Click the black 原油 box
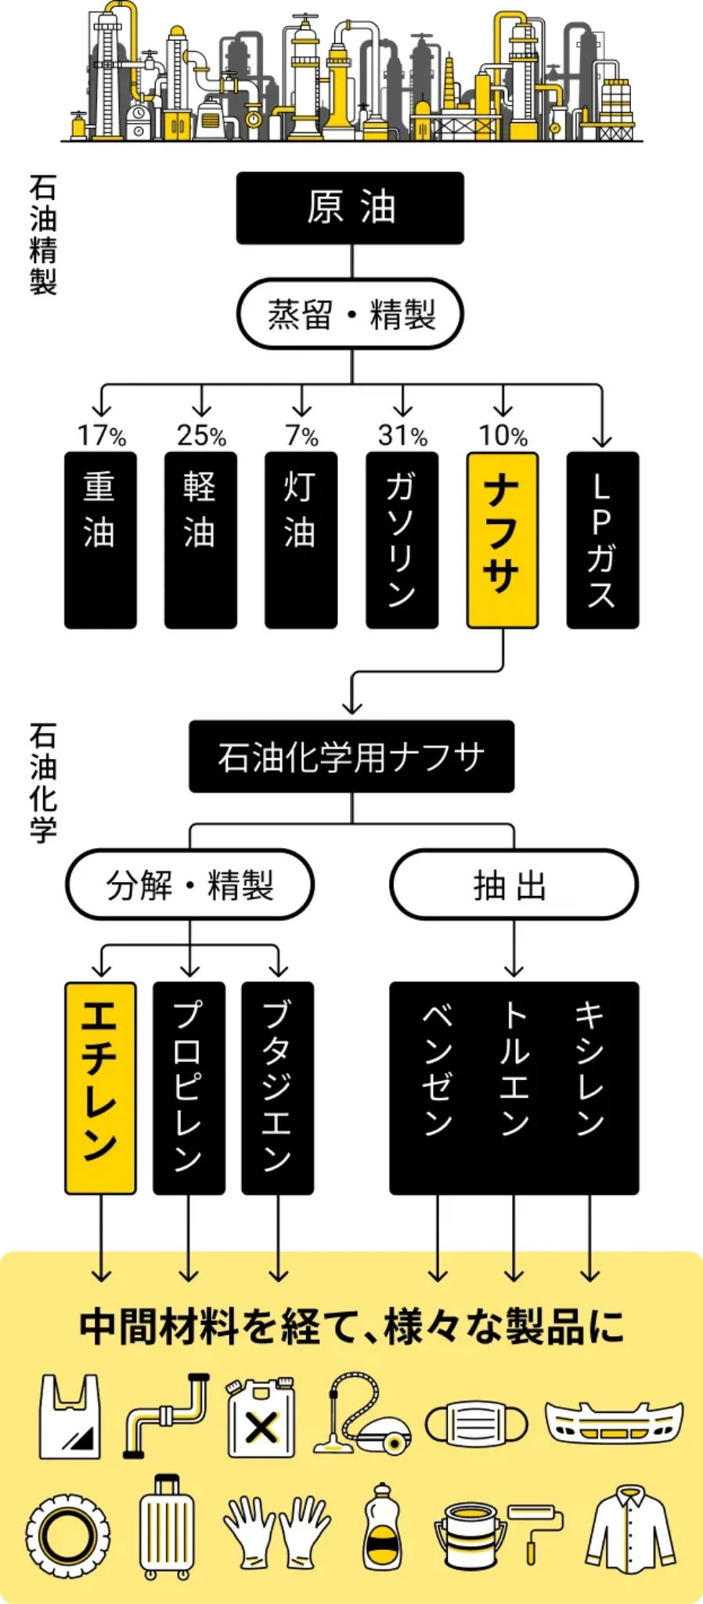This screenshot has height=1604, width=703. pos(350,208)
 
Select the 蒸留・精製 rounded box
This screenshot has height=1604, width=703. pos(350,314)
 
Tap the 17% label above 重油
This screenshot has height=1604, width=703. pos(101,435)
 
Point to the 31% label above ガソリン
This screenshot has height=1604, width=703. pos(402,435)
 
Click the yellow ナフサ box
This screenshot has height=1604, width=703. pos(503,540)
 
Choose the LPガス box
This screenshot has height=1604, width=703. pos(602,540)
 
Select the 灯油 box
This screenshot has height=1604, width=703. pos(301,540)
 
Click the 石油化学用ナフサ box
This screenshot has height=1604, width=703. pos(351,757)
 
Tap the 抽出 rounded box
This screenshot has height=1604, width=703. pos(514,885)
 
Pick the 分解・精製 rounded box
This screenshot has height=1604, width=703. pos(189,885)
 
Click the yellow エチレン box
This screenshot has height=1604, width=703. pos(100,1088)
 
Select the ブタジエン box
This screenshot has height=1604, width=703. pos(278,1088)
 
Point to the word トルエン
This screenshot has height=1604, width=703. pos(514,1068)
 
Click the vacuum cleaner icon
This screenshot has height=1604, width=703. pos(362,1414)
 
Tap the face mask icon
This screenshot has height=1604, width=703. pos(476,1422)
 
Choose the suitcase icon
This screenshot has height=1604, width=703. pos(167,1527)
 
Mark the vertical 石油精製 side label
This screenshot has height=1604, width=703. pos(43,235)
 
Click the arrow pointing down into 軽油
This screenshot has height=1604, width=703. pos(202,400)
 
